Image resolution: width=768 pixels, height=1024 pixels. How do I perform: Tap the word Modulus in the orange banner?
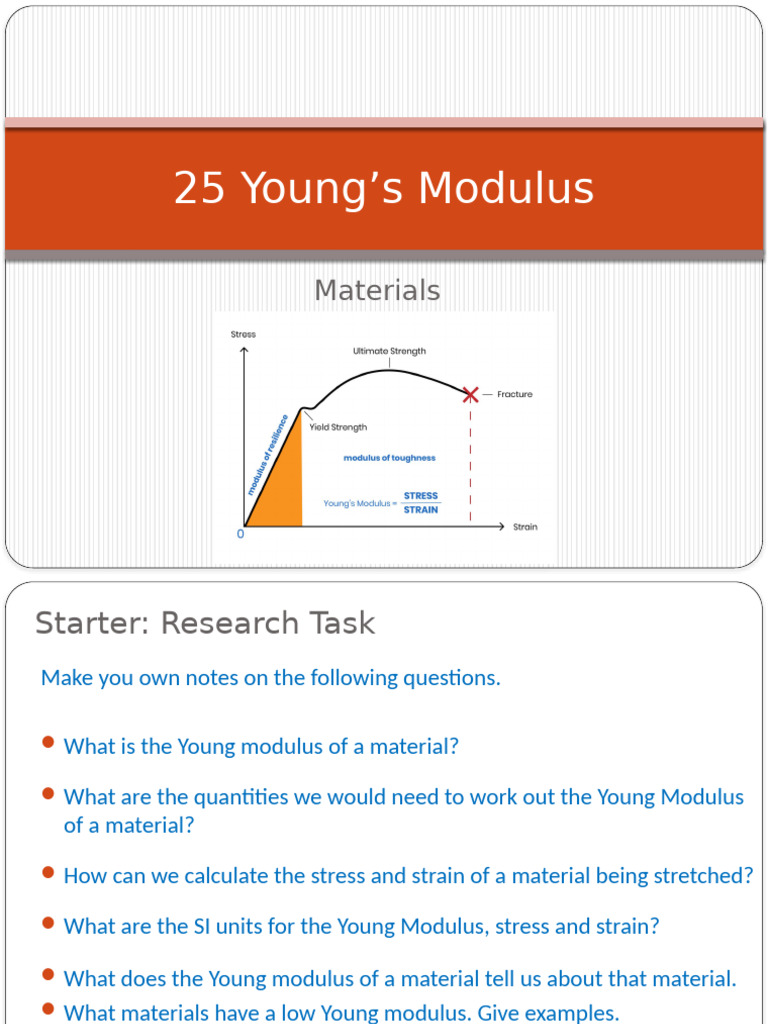point(506,189)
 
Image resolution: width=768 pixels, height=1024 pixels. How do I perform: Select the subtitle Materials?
point(377,290)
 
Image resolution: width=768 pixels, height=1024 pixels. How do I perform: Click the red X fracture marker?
point(471,395)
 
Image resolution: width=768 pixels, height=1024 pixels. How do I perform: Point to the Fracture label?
point(515,395)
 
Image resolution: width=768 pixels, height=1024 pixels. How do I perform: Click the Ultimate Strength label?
point(389,351)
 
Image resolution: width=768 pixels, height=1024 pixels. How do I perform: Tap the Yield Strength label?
point(338,427)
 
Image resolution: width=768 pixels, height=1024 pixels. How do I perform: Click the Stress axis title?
point(243,334)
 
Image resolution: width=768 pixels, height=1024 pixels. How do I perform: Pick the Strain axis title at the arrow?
point(525,527)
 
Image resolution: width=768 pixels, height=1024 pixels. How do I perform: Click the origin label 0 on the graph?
point(240,535)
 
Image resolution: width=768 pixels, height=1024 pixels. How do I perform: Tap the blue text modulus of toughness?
point(389,458)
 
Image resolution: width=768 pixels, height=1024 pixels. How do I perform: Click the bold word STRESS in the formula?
point(421,496)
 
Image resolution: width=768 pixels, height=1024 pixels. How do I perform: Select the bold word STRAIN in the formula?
point(421,510)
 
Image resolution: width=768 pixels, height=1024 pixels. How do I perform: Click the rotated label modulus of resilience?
point(268,454)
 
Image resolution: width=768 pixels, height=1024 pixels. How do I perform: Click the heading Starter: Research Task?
point(205,623)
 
